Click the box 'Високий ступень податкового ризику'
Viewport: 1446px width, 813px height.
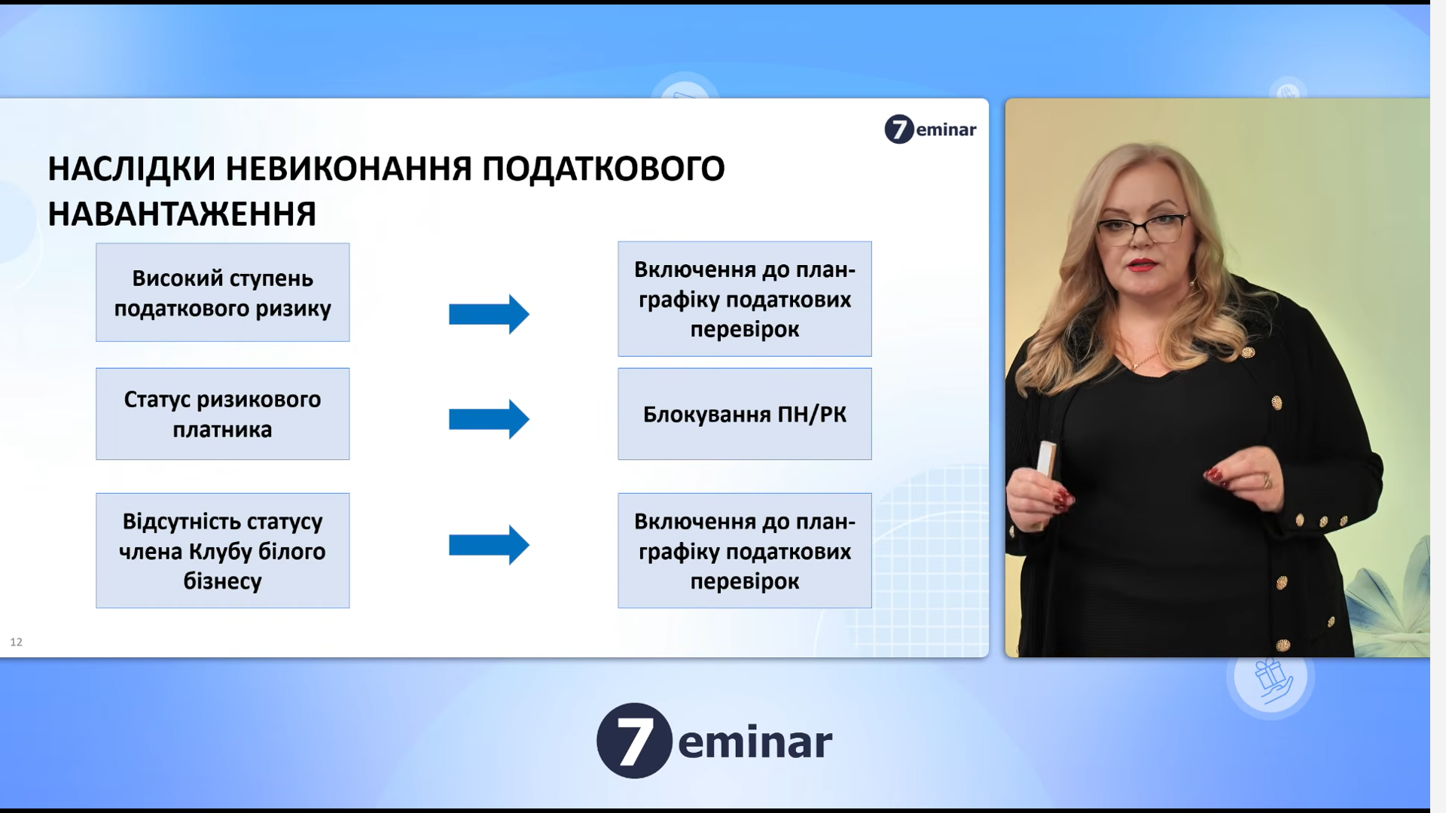click(222, 292)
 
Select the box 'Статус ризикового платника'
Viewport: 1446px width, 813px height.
click(222, 414)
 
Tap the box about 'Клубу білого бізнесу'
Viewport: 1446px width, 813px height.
click(222, 550)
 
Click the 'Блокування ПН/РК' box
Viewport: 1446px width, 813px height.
click(745, 414)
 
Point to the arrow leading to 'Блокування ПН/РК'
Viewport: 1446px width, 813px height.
click(490, 419)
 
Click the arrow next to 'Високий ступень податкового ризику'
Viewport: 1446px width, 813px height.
click(490, 314)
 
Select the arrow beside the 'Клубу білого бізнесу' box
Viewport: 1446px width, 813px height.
click(490, 545)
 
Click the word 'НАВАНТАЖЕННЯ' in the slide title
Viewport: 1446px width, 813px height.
click(182, 215)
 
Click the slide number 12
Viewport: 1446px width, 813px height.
click(17, 642)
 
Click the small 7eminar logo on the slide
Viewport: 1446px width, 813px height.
click(930, 129)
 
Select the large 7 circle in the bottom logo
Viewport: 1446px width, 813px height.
click(634, 741)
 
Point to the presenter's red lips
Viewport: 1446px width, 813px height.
click(1142, 265)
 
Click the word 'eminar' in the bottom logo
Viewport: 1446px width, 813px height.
click(755, 742)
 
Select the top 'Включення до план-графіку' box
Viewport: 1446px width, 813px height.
click(745, 299)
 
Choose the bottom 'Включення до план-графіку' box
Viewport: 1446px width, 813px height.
click(745, 550)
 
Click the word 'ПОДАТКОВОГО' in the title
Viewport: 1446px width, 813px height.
click(603, 169)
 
